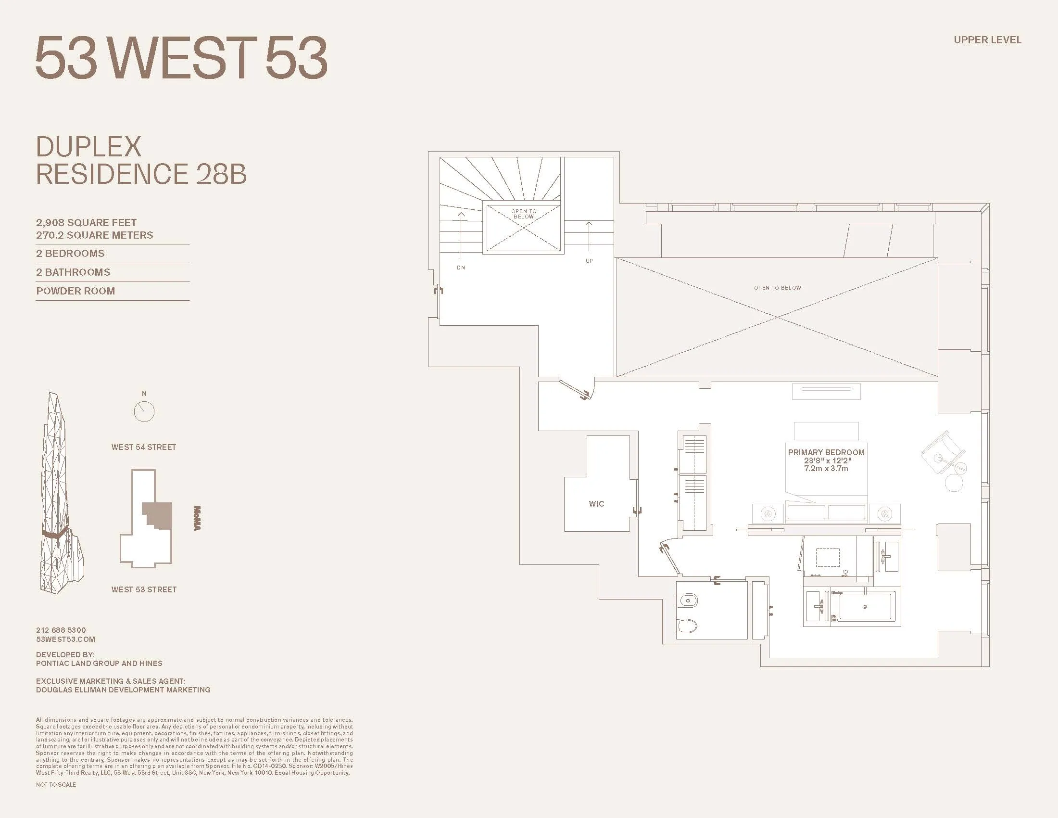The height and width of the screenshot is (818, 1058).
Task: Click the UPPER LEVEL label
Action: tap(987, 40)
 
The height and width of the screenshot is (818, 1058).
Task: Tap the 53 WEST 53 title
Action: tap(182, 58)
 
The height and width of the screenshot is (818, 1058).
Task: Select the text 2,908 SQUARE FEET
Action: tap(86, 223)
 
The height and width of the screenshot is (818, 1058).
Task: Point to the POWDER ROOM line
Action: tap(76, 291)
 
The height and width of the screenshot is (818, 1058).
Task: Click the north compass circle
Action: tap(144, 412)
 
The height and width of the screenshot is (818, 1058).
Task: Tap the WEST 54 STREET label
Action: tap(144, 447)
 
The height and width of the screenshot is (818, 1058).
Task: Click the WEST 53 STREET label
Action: tap(144, 590)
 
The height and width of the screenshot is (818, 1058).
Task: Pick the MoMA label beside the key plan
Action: tap(197, 519)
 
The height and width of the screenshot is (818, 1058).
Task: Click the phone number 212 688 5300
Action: tap(61, 630)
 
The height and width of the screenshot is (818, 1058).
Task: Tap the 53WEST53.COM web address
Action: tap(65, 639)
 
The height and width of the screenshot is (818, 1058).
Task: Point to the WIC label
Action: tap(596, 504)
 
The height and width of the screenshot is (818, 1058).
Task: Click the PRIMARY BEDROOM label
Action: tap(826, 453)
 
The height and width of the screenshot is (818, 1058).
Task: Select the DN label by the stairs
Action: tap(461, 268)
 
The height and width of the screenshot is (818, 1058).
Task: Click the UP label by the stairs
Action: tap(589, 261)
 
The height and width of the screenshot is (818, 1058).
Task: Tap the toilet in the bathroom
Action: tap(687, 626)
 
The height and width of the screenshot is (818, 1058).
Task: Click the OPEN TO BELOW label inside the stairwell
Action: tap(524, 214)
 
